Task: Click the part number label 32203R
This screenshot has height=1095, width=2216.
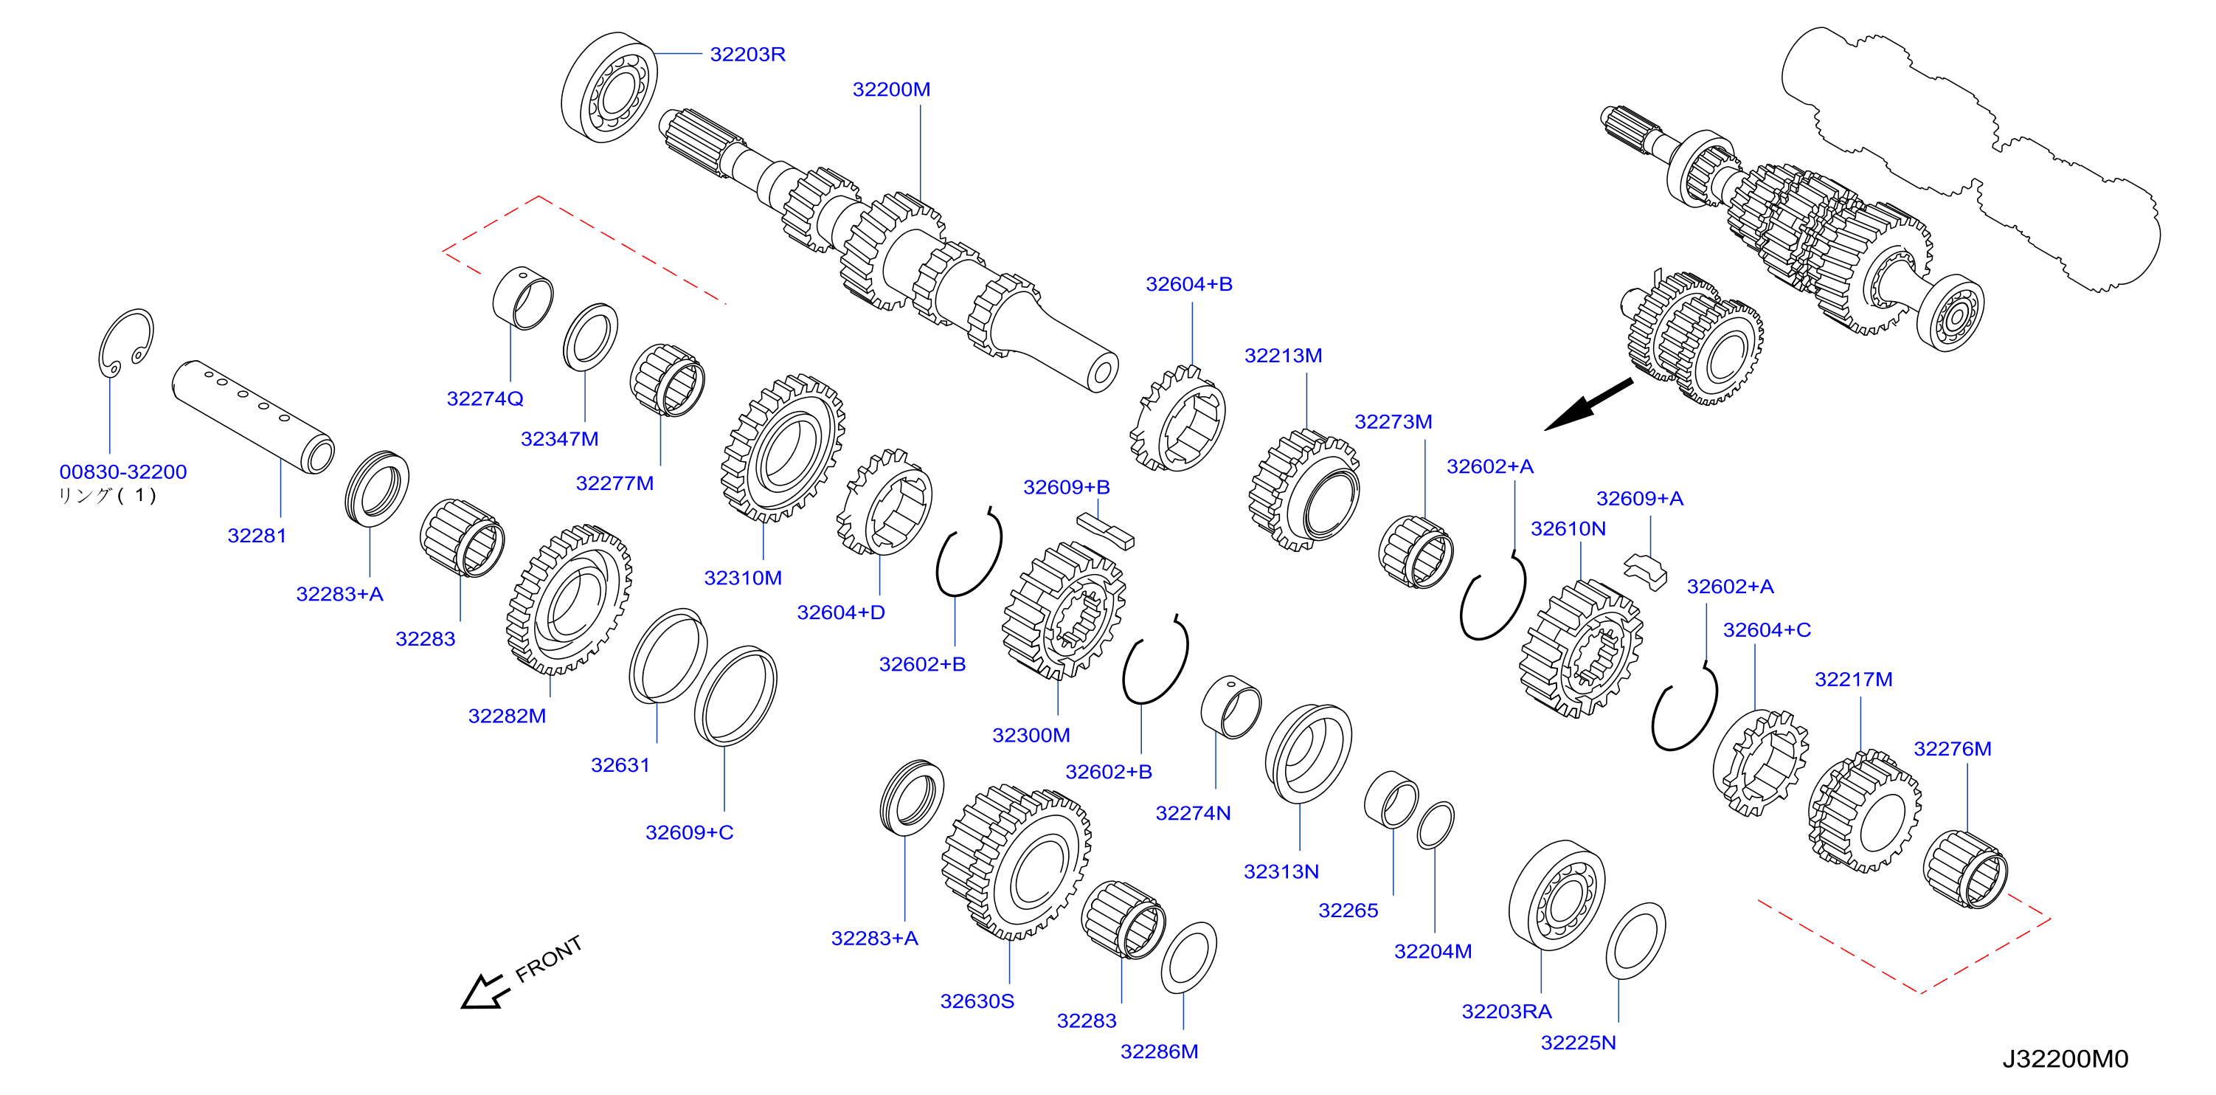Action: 747,54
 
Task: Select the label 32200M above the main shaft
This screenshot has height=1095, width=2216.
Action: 890,89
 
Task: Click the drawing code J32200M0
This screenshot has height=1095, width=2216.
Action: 2065,1059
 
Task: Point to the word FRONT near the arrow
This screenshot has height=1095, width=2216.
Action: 548,958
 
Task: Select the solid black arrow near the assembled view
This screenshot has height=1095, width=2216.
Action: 1588,404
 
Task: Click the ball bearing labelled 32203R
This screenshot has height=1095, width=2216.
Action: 609,88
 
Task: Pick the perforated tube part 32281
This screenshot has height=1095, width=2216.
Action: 253,416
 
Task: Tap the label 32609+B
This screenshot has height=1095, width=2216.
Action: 1066,488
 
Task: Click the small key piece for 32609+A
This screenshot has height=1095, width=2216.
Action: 1645,572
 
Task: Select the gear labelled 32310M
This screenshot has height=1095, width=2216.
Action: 782,448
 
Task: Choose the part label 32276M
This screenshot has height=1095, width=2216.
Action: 1952,749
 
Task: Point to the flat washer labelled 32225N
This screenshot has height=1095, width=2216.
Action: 1635,941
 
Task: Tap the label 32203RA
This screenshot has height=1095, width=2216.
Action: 1506,1012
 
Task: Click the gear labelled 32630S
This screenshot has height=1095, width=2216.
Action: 1016,861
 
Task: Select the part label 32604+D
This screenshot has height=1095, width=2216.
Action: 840,612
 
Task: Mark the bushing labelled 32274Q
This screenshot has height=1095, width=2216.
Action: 523,297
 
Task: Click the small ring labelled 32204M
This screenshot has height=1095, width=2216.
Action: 1435,826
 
